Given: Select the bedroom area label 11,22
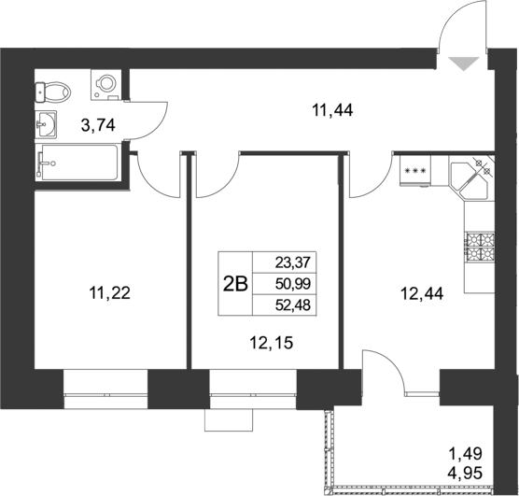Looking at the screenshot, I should [x=109, y=292].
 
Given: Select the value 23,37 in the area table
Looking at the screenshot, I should [x=293, y=263].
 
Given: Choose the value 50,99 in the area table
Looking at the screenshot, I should [x=293, y=284].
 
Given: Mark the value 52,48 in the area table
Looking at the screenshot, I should [x=293, y=305].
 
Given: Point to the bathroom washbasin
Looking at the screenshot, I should [x=44, y=121].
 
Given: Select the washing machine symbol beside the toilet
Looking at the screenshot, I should [x=105, y=84].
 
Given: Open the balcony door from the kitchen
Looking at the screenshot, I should [x=385, y=374].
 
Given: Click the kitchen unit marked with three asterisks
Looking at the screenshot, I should [x=415, y=171].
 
